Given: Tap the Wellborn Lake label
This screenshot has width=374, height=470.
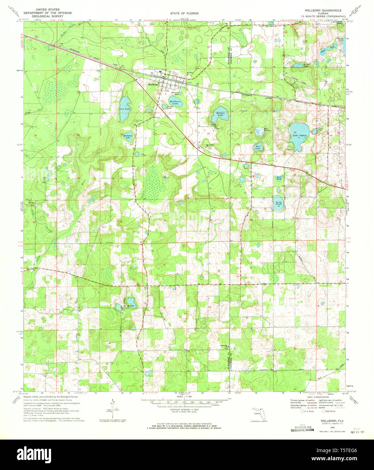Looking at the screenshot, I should point(175,102).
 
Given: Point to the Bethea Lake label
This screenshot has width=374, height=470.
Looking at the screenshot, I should point(220,114).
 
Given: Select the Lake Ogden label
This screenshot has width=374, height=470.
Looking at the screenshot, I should point(299,136).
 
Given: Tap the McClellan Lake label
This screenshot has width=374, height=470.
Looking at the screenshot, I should point(127,137).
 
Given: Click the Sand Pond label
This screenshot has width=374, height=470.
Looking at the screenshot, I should point(279,178).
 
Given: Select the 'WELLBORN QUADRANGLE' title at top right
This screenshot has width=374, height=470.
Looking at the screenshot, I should point(323,10).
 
